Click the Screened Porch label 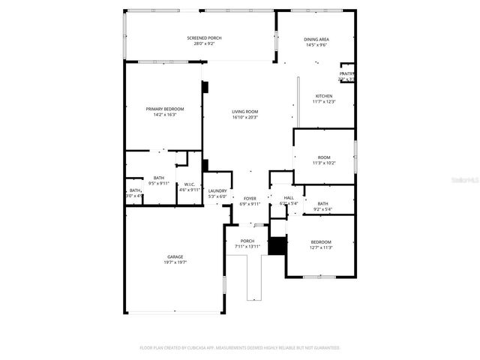pyautogui.click(x=204, y=38)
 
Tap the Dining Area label pyautogui.click(x=316, y=39)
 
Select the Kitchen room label pyautogui.click(x=323, y=96)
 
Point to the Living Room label pyautogui.click(x=244, y=112)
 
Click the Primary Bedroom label pyautogui.click(x=164, y=109)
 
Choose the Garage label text pyautogui.click(x=175, y=256)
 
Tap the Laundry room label pyautogui.click(x=217, y=192)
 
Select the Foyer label pyautogui.click(x=250, y=198)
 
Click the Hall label pyautogui.click(x=288, y=197)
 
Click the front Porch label pyautogui.click(x=247, y=241)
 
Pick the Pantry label pyautogui.click(x=346, y=73)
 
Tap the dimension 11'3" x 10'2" pyautogui.click(x=323, y=163)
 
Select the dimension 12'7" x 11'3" pyautogui.click(x=321, y=247)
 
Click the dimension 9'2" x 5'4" pyautogui.click(x=322, y=208)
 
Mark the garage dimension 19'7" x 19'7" pyautogui.click(x=175, y=262)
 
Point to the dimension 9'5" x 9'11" pyautogui.click(x=159, y=182)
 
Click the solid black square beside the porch pyautogui.click(x=277, y=246)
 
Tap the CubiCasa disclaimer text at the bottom pyautogui.click(x=240, y=347)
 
